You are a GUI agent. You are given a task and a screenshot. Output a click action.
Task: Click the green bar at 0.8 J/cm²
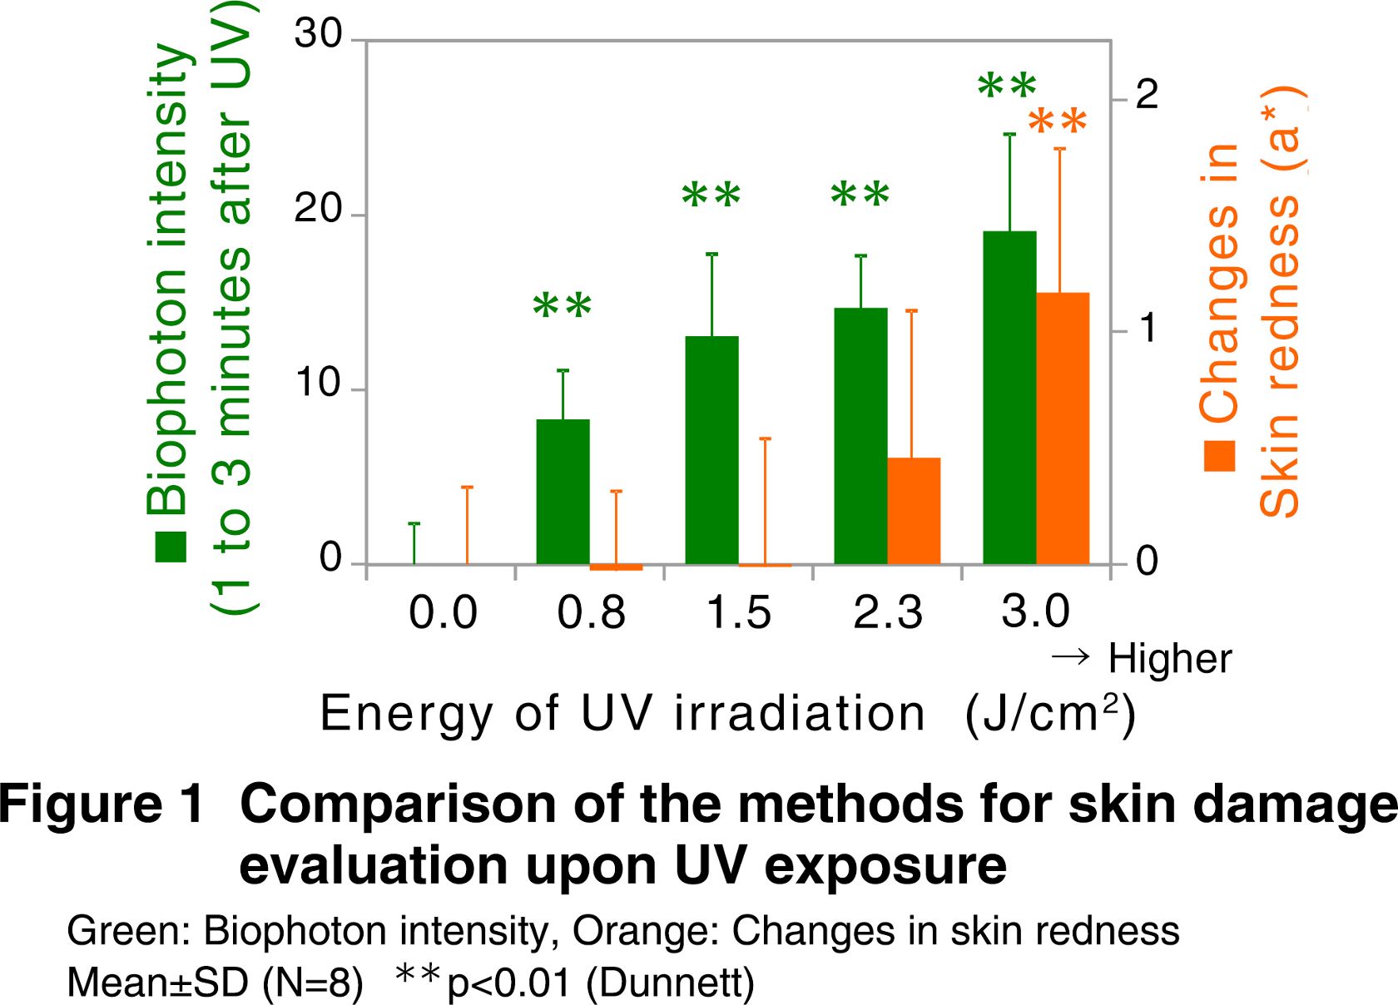(563, 492)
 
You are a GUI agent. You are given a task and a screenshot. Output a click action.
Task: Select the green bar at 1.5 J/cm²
(711, 450)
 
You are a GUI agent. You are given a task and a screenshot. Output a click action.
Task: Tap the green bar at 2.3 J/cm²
(860, 436)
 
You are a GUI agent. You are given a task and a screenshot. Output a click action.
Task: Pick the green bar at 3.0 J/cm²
(1009, 398)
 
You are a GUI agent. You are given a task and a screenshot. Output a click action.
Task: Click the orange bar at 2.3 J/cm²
(913, 511)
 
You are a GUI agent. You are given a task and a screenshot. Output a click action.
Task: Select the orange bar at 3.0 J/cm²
(1062, 428)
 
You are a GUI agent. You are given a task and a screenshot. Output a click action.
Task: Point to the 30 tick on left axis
(319, 35)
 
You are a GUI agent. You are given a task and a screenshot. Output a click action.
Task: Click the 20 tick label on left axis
(319, 210)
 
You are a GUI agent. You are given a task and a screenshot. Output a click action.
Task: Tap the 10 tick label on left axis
(319, 384)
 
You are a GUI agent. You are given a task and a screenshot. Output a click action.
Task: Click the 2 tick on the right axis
(1147, 96)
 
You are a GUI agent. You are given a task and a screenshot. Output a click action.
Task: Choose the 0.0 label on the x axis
(443, 613)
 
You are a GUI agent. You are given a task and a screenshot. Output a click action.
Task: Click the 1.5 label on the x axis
(739, 613)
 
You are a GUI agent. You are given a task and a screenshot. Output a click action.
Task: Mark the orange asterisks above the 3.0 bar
(1058, 122)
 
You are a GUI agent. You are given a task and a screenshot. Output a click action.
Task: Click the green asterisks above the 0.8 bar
(563, 305)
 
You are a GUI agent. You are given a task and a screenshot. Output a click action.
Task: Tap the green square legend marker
(171, 547)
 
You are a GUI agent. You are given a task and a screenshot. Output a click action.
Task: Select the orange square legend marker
(1220, 456)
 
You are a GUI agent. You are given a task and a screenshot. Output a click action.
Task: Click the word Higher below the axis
(1169, 660)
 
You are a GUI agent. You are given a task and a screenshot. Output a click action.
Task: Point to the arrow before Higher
(1070, 657)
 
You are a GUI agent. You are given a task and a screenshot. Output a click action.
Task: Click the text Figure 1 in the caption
(102, 804)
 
